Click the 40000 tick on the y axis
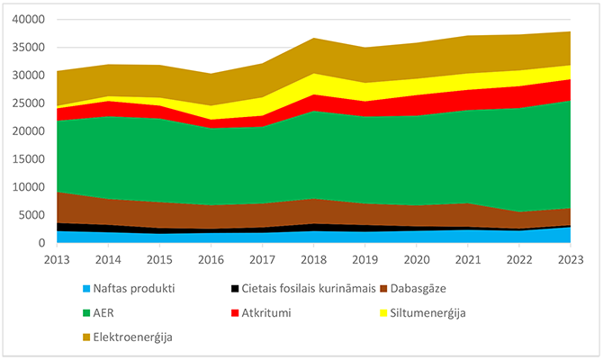[29, 20]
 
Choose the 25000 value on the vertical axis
[29, 103]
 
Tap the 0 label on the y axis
[41, 243]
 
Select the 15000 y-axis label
[29, 159]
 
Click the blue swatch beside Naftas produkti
[87, 290]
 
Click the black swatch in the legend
[237, 290]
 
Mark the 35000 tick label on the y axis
[29, 48]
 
